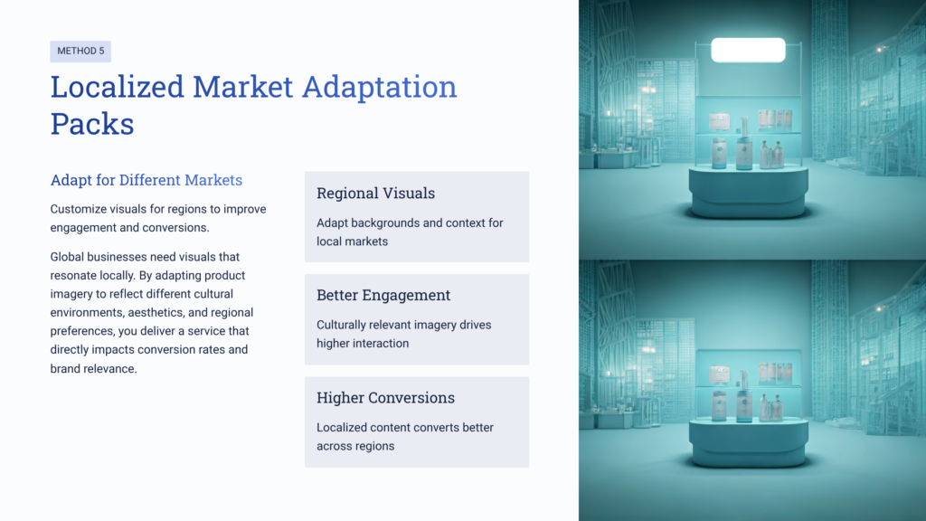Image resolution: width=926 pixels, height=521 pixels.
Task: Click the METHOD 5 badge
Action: click(x=80, y=52)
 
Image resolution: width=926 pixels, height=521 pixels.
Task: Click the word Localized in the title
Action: click(x=116, y=87)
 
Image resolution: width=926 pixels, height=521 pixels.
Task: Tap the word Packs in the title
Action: click(x=92, y=123)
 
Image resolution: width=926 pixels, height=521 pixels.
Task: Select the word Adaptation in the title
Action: click(x=379, y=87)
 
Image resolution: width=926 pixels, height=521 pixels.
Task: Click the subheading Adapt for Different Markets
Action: click(x=146, y=180)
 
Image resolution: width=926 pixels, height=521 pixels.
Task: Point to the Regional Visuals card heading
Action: click(x=375, y=194)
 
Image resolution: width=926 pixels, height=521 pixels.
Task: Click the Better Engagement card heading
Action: click(x=383, y=296)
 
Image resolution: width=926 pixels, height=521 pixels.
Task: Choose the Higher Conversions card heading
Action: click(x=385, y=398)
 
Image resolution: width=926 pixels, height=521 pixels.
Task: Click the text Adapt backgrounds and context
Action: click(x=410, y=223)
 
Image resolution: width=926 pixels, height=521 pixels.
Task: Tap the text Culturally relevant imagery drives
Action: click(x=403, y=325)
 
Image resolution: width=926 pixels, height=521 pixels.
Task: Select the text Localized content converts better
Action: click(x=405, y=427)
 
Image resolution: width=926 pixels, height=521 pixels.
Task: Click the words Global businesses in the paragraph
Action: click(x=94, y=257)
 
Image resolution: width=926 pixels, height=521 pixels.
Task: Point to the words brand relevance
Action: click(x=92, y=368)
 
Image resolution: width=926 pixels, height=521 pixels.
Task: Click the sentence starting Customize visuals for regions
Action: click(x=158, y=209)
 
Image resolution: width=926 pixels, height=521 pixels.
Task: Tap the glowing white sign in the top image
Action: click(x=748, y=50)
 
